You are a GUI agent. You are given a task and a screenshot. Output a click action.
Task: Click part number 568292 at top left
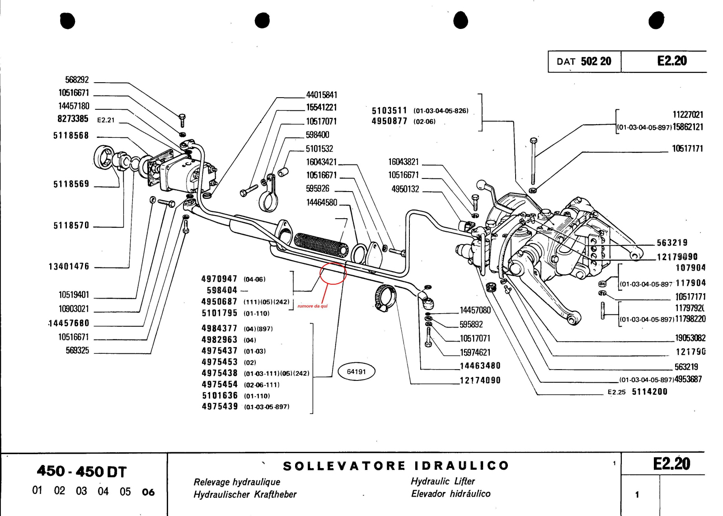point(77,80)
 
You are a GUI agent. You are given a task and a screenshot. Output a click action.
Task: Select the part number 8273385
point(73,119)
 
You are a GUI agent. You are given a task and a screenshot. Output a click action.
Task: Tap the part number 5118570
point(71,225)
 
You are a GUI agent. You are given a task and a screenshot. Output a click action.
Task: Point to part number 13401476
point(69,267)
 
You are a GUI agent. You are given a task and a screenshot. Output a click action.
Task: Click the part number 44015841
point(321,95)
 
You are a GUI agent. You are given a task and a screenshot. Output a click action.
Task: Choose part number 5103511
point(389,111)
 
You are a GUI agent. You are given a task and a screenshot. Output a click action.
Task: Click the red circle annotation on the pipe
point(333,273)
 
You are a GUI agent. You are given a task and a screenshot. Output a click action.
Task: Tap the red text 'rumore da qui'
point(312,306)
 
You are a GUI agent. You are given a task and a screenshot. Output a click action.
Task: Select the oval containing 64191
point(356,371)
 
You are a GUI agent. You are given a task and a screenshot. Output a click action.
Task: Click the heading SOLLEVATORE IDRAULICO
point(396,466)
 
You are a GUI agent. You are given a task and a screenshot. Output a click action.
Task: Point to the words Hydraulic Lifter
point(442,481)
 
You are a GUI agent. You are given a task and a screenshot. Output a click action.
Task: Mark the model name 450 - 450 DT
point(81,471)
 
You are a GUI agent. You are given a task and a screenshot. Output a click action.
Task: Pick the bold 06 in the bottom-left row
point(148,492)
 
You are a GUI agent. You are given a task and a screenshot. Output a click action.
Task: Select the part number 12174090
point(480,380)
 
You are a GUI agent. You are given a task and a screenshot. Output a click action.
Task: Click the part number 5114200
point(649,392)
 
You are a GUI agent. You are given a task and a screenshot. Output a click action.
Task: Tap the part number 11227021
point(688,115)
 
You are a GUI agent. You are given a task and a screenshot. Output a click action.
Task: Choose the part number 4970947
point(219,279)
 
